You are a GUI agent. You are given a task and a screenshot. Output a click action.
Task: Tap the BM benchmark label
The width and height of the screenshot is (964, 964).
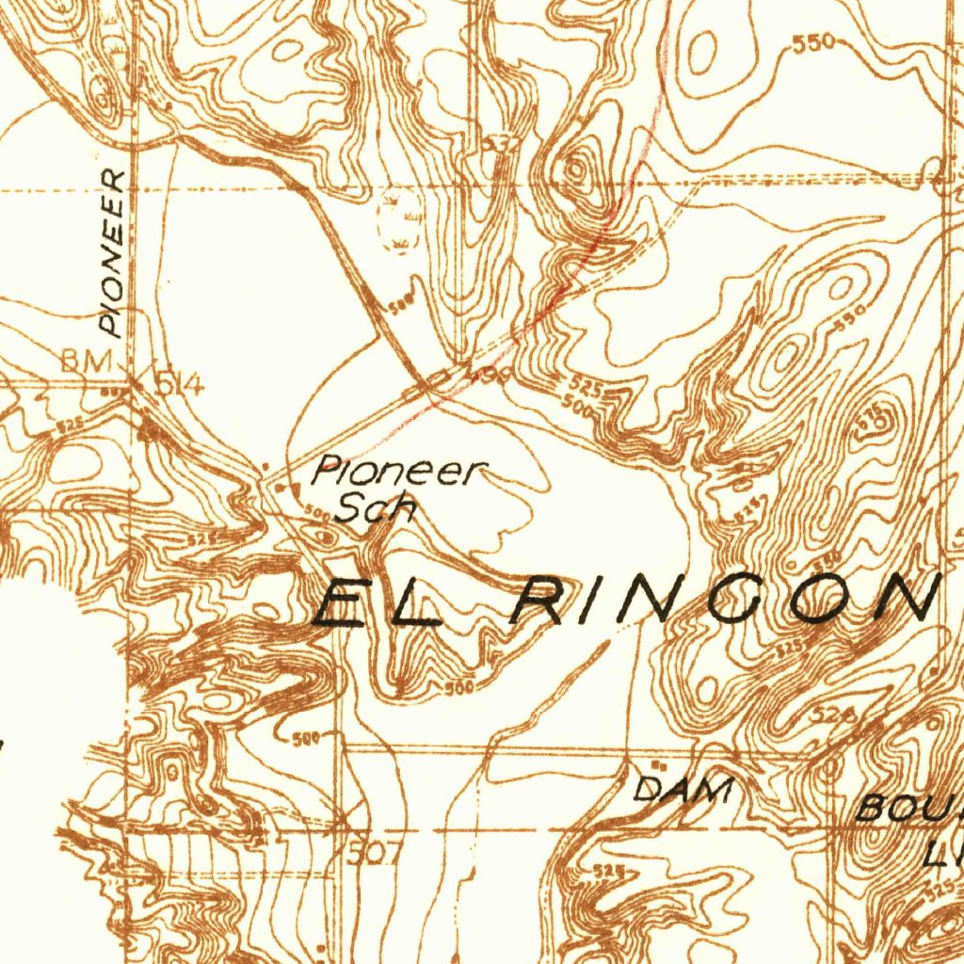pos(87,361)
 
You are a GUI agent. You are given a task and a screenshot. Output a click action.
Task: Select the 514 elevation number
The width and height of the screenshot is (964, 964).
pos(179,383)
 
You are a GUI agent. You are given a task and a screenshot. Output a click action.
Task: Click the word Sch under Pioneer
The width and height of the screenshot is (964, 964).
pos(377,508)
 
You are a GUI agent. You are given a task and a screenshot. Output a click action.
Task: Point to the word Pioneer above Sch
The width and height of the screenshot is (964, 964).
pos(399,472)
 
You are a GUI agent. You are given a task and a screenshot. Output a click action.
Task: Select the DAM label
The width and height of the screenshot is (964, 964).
pos(683,789)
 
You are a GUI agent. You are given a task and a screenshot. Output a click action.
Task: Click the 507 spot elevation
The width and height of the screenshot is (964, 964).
pos(374,855)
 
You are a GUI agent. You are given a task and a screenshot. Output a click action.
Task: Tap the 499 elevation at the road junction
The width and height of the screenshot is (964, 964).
pos(490,377)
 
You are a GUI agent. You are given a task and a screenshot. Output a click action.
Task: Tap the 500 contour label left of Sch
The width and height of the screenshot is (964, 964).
pos(317,515)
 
